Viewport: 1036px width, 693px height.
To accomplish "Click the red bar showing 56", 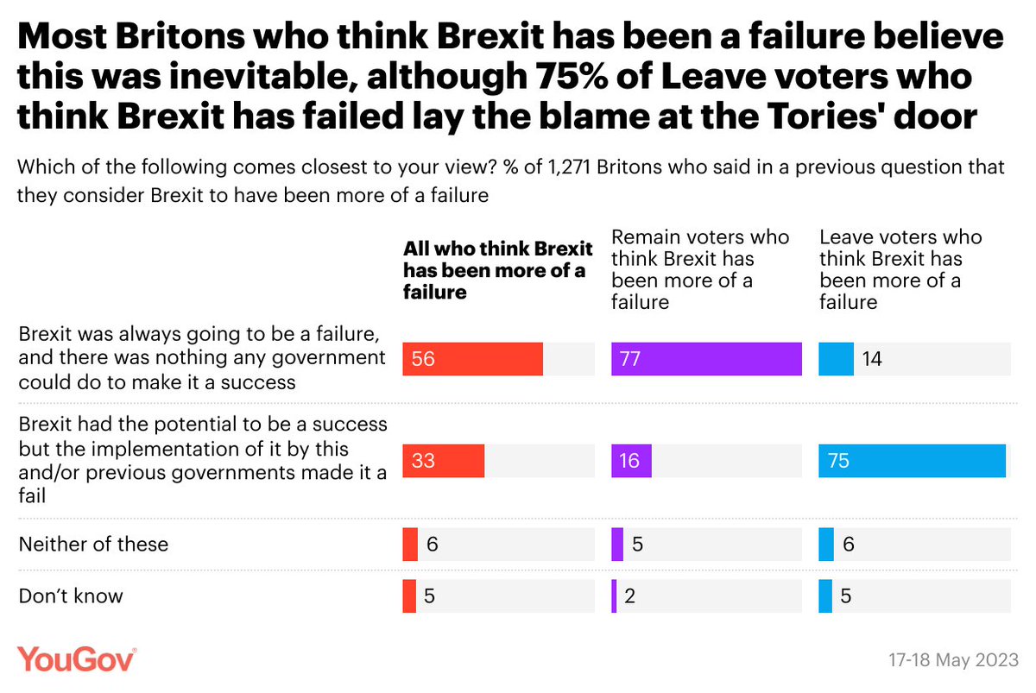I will click(472, 359).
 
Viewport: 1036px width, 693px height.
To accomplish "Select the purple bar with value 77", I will click(706, 359).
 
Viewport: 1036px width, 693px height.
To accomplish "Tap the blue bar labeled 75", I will click(912, 461).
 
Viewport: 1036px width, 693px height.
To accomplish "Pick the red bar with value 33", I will click(443, 461).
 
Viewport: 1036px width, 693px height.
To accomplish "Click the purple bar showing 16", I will click(631, 461).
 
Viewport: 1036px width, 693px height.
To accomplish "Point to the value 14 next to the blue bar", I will click(872, 359).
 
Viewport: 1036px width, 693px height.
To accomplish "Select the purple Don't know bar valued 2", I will click(614, 595).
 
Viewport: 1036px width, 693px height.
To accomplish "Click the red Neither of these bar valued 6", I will click(410, 545).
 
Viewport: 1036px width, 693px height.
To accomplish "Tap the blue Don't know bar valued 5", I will click(825, 595).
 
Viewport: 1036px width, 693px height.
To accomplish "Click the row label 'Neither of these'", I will click(93, 545).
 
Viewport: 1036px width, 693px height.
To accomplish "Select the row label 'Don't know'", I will click(70, 595).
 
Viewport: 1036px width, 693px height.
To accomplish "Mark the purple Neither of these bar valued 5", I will click(617, 545).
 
